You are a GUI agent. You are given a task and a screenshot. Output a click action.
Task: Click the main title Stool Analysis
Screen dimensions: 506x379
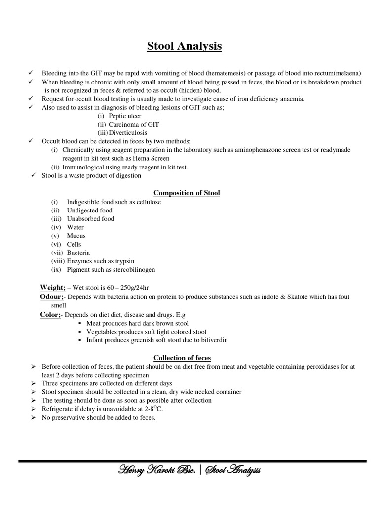185,47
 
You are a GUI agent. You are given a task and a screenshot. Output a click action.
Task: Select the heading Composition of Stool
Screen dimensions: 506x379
187,193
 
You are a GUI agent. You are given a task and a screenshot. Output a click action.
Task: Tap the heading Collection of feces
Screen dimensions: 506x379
182,358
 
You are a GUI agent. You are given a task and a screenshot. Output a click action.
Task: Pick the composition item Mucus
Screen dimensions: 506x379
76,236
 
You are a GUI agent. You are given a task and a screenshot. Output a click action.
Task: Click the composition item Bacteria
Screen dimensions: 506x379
78,253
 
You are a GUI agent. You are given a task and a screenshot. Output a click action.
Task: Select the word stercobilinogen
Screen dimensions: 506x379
129,269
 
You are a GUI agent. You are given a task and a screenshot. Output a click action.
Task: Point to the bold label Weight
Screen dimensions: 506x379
52,287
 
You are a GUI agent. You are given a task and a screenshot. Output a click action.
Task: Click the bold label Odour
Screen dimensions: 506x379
52,296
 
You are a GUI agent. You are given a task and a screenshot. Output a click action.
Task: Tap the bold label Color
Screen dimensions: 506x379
50,314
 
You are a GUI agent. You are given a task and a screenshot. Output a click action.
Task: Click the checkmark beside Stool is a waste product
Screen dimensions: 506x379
33,175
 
